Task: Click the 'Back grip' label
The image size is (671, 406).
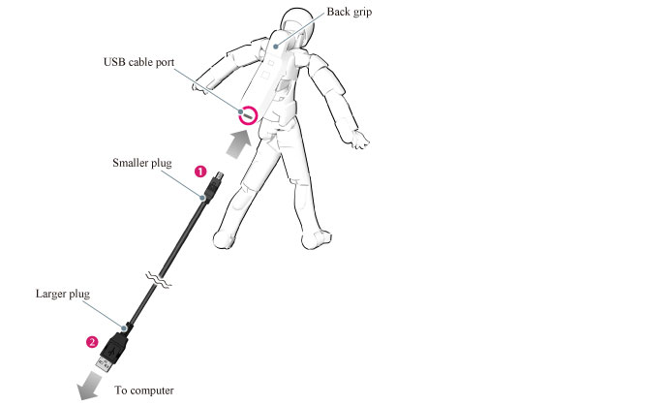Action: [x=350, y=12]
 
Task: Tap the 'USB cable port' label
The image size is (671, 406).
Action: [x=138, y=63]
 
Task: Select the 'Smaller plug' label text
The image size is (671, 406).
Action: [x=142, y=163]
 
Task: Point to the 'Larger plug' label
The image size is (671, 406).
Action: [x=63, y=294]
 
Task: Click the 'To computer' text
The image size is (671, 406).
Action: [x=144, y=390]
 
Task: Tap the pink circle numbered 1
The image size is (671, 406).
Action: [x=200, y=172]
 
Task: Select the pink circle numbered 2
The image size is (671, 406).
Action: [x=92, y=342]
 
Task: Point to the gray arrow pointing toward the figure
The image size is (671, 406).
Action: [x=238, y=144]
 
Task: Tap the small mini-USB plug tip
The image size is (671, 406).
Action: [x=219, y=175]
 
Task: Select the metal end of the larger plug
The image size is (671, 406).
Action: [x=105, y=365]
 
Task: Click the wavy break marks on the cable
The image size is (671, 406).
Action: [x=159, y=279]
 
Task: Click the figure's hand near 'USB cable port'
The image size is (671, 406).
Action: [x=199, y=88]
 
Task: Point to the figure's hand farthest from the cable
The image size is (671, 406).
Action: [x=358, y=139]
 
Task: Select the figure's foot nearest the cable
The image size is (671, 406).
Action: [x=225, y=239]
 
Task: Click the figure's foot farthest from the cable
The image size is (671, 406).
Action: [x=317, y=239]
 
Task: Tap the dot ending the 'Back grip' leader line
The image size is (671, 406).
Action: [x=276, y=47]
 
